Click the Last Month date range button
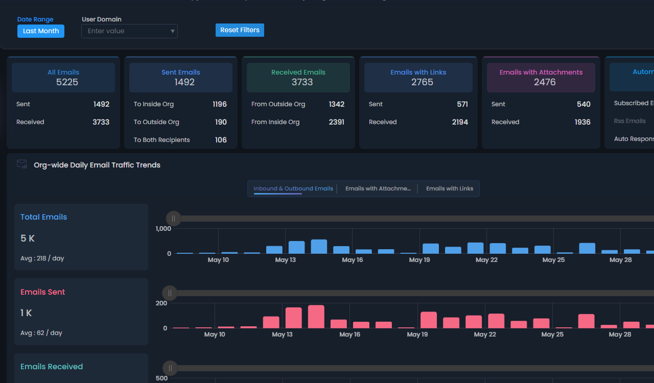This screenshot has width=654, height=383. pos(41,31)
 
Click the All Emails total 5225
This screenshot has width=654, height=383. pos(67,82)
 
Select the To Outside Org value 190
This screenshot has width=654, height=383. pos(221,122)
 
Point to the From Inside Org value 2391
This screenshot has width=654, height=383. pos(337,122)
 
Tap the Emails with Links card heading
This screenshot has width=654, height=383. pos(418,73)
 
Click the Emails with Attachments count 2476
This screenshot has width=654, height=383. pos(545,82)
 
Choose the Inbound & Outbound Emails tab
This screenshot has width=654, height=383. pos(293,188)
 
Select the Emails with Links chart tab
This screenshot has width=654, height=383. pos(450,188)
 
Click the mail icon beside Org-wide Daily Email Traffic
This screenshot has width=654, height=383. pos(22,164)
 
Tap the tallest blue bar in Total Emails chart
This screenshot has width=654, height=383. pos(319,247)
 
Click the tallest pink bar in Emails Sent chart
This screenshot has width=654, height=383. pos(316,317)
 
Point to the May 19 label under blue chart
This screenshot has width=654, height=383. pos(419,260)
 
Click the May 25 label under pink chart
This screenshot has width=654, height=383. pos(552,334)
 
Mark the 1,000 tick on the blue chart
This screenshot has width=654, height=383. pos(163,229)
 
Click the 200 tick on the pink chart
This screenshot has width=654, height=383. pos(161,303)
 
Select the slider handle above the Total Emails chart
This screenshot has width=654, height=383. pos(174,219)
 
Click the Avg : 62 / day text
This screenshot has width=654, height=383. pos(41,333)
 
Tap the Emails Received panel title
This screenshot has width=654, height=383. pos(52,367)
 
